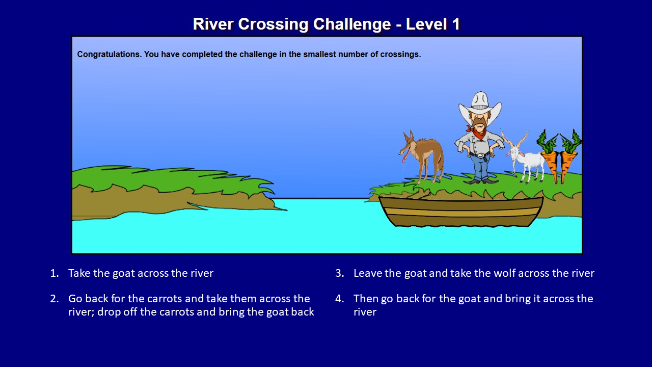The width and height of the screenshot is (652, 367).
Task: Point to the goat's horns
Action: (514, 138)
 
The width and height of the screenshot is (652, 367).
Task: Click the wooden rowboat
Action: (461, 212)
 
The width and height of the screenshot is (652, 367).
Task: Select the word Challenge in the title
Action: (352, 24)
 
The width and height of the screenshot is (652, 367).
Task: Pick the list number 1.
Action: (54, 273)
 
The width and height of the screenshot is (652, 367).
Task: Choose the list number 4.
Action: (339, 299)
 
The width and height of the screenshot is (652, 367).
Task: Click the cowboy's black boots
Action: (480, 180)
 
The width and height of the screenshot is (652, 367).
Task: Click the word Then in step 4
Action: (366, 299)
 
